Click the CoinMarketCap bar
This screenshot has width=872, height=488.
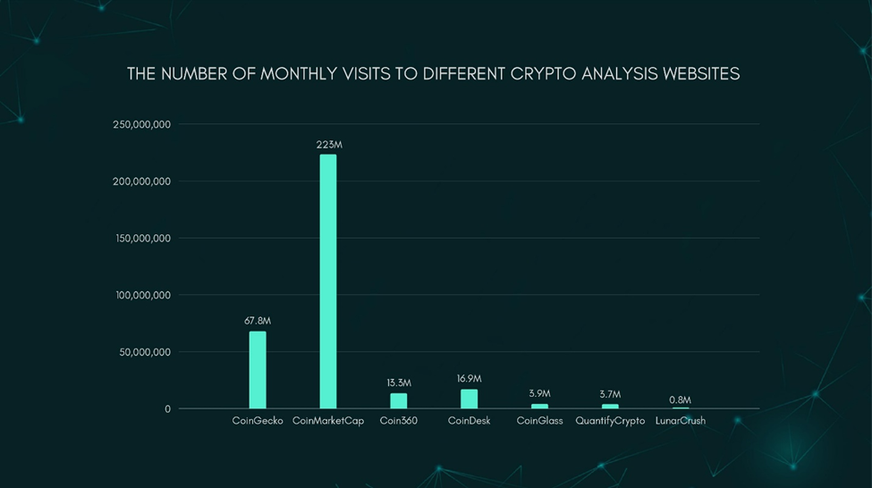click(328, 282)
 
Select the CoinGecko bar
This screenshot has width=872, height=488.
click(258, 370)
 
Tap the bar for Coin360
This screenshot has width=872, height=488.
click(398, 400)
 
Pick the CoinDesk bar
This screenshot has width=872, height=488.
click(469, 399)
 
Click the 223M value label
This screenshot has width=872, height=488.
click(328, 145)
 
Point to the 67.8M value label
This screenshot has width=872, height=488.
click(258, 321)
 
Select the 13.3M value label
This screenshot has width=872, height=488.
click(399, 383)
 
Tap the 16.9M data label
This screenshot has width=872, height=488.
click(469, 379)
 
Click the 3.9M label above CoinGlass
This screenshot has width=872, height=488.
click(539, 394)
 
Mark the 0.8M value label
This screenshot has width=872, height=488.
click(680, 400)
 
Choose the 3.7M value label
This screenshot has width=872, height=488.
click(610, 394)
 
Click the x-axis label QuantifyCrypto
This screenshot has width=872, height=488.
click(610, 421)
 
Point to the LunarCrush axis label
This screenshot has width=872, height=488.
click(680, 421)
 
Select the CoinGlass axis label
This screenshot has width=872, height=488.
click(539, 421)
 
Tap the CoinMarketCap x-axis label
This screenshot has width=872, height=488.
click(328, 421)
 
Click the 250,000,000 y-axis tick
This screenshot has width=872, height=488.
click(141, 124)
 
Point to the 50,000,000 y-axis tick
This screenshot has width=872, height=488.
click(144, 352)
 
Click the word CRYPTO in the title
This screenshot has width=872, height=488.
click(544, 74)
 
